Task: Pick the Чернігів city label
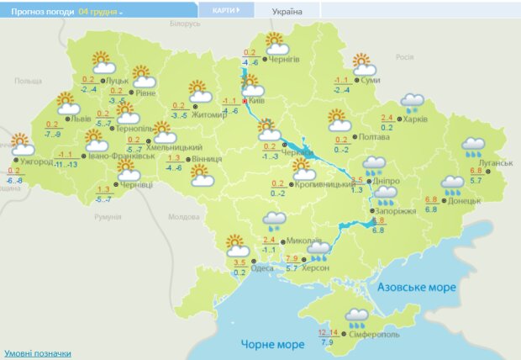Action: pos(284,60)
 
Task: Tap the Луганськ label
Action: pos(495,162)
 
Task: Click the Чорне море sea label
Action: pos(272,345)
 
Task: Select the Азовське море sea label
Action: pos(417,288)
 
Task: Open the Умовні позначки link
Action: pos(37,353)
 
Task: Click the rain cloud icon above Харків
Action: pos(412,103)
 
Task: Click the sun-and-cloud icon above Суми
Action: pos(362,65)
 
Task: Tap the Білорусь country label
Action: pos(183,24)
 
